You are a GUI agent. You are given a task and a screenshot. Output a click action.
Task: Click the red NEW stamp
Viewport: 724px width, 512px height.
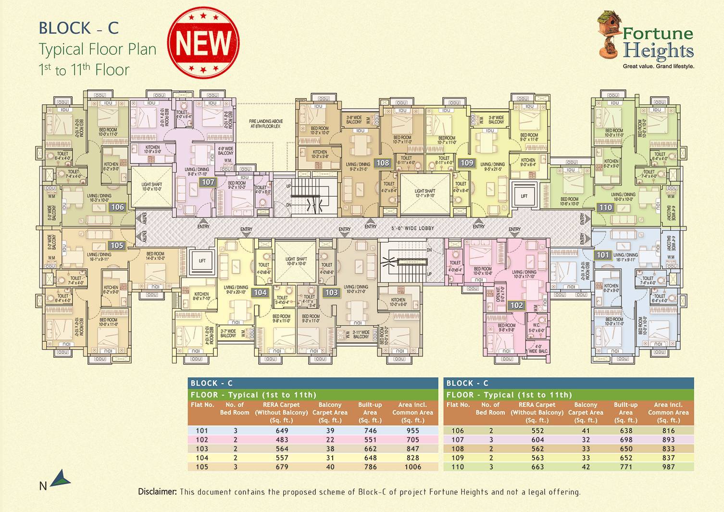203,43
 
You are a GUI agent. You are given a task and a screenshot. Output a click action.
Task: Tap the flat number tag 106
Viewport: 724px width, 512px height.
117,207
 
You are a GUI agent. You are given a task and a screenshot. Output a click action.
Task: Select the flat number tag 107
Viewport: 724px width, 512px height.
208,182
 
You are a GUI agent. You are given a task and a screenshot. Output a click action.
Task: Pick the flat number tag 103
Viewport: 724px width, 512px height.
331,292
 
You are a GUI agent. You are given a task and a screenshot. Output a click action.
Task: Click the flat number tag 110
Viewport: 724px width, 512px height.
605,207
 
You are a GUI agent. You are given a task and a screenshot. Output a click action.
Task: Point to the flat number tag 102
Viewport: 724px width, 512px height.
517,305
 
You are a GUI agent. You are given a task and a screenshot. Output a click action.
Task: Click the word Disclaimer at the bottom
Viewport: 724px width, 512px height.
158,492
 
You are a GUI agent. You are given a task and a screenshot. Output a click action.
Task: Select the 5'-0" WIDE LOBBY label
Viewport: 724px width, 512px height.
412,228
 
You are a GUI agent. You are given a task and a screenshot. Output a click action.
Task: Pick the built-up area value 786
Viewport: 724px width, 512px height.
370,467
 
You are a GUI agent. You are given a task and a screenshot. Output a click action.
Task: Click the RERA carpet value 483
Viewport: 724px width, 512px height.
282,439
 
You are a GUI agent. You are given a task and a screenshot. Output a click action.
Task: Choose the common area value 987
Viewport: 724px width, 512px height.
668,467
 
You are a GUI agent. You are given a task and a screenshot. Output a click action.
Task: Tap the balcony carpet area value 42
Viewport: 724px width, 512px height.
586,467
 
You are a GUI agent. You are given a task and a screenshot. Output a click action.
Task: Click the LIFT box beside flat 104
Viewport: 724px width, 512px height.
202,261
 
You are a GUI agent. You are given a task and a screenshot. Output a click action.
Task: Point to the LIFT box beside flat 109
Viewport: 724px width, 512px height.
524,196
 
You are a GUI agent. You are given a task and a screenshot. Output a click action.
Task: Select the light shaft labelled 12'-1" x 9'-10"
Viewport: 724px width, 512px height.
424,193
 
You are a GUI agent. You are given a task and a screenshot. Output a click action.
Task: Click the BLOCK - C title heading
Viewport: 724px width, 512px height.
78,28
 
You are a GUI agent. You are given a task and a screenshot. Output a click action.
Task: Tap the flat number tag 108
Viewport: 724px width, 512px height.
383,163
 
